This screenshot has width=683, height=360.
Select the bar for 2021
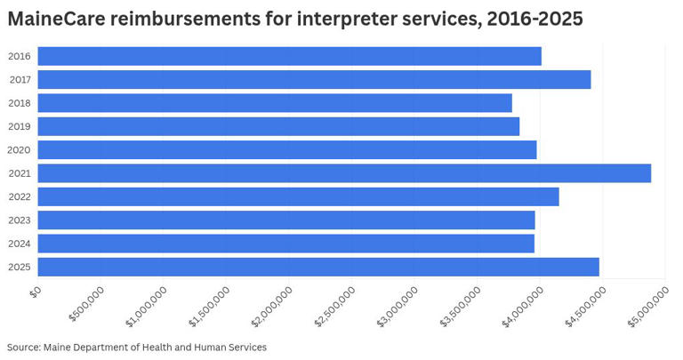tap(344, 173)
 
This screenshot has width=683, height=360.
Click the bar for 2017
tap(314, 80)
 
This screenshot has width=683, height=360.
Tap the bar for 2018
tap(275, 103)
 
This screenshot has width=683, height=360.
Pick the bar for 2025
tap(318, 267)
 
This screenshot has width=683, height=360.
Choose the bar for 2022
tap(298, 196)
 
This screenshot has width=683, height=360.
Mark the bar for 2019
tap(278, 126)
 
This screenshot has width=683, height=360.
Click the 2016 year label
tap(20, 57)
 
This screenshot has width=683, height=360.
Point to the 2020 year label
tap(20, 150)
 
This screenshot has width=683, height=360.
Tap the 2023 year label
tap(20, 220)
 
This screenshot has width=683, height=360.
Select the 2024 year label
tap(20, 244)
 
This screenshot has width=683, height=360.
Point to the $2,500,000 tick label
tap(333, 307)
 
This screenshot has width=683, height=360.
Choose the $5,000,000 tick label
tap(647, 307)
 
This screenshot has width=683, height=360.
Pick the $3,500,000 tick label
tap(459, 307)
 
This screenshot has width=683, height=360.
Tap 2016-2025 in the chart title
tap(535, 19)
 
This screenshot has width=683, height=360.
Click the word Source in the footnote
tap(22, 347)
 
